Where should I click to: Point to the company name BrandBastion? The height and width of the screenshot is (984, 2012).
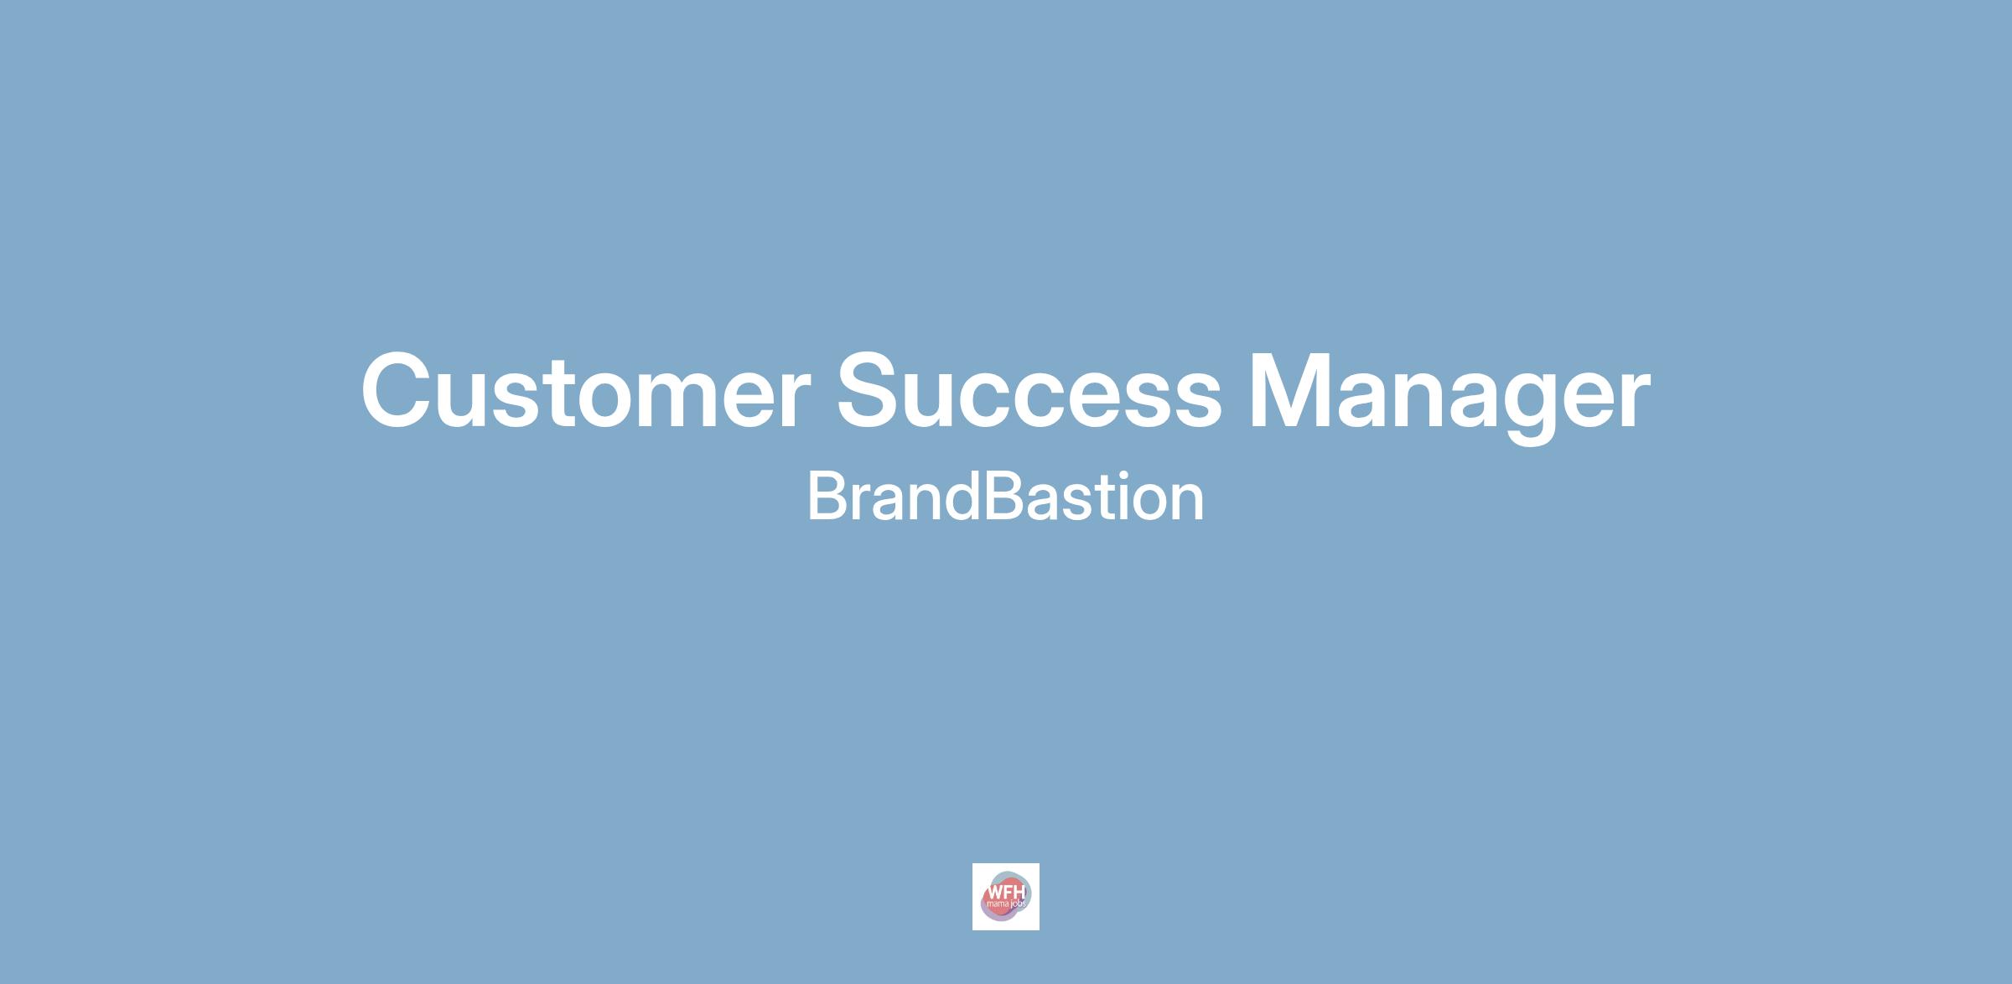coord(1005,497)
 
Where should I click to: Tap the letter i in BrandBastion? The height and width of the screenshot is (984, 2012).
coord(1113,496)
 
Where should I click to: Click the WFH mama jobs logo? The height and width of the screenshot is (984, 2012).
coord(1005,897)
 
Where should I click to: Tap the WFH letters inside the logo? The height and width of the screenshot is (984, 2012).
coord(1005,892)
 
